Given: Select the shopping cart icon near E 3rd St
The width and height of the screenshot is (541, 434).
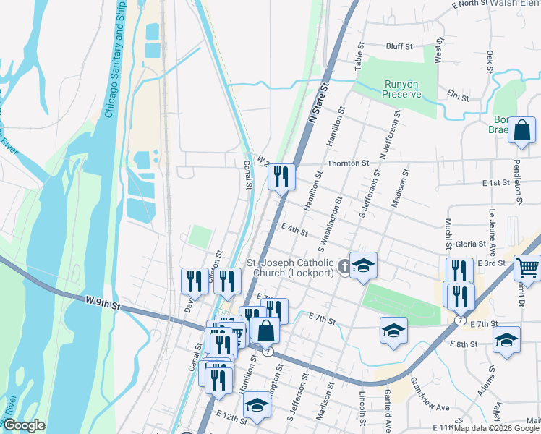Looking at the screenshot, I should (527, 268).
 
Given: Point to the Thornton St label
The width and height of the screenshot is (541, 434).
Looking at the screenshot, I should (348, 163).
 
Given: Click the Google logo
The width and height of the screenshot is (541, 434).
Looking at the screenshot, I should (24, 425).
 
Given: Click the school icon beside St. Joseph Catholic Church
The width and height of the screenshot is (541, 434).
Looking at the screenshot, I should (363, 265).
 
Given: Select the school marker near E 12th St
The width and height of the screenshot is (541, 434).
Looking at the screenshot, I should (257, 407).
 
